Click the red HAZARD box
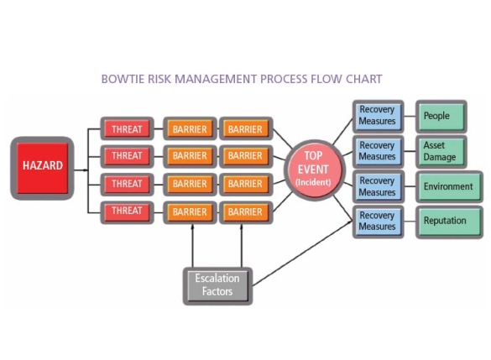[x=42, y=165]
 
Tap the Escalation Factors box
[x=217, y=284]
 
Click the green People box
[x=441, y=116]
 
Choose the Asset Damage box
[x=441, y=151]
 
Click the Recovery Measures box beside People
[x=377, y=116]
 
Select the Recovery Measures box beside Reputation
[x=377, y=222]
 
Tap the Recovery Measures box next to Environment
[x=377, y=186]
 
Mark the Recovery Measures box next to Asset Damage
[x=377, y=151]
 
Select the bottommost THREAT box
[x=127, y=211]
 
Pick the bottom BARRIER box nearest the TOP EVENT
[x=245, y=211]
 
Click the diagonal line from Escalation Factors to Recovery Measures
[x=302, y=255]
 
